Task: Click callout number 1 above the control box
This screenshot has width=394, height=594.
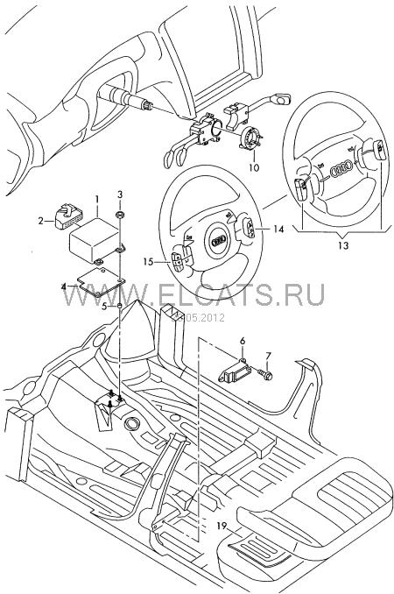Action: click(97, 199)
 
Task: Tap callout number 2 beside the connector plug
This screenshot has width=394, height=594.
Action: click(41, 221)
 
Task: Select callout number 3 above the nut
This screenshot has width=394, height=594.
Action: click(120, 194)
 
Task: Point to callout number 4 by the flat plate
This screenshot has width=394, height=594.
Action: click(65, 286)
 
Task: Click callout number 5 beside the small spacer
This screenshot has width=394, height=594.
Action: click(104, 306)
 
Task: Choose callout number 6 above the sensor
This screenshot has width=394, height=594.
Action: click(243, 341)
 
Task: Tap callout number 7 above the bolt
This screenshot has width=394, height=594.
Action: click(268, 356)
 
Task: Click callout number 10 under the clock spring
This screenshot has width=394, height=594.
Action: click(254, 167)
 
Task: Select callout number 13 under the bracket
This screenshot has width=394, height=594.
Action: click(343, 245)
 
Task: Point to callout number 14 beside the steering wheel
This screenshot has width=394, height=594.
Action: click(278, 229)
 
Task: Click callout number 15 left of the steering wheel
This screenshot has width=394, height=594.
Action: click(149, 261)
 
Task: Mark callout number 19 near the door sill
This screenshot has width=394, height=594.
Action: click(222, 526)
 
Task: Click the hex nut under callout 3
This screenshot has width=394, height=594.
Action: click(120, 216)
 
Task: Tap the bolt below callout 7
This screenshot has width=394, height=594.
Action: click(266, 375)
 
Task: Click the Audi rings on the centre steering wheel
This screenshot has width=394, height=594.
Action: click(219, 240)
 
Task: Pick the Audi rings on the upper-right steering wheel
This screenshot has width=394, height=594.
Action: click(341, 169)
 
